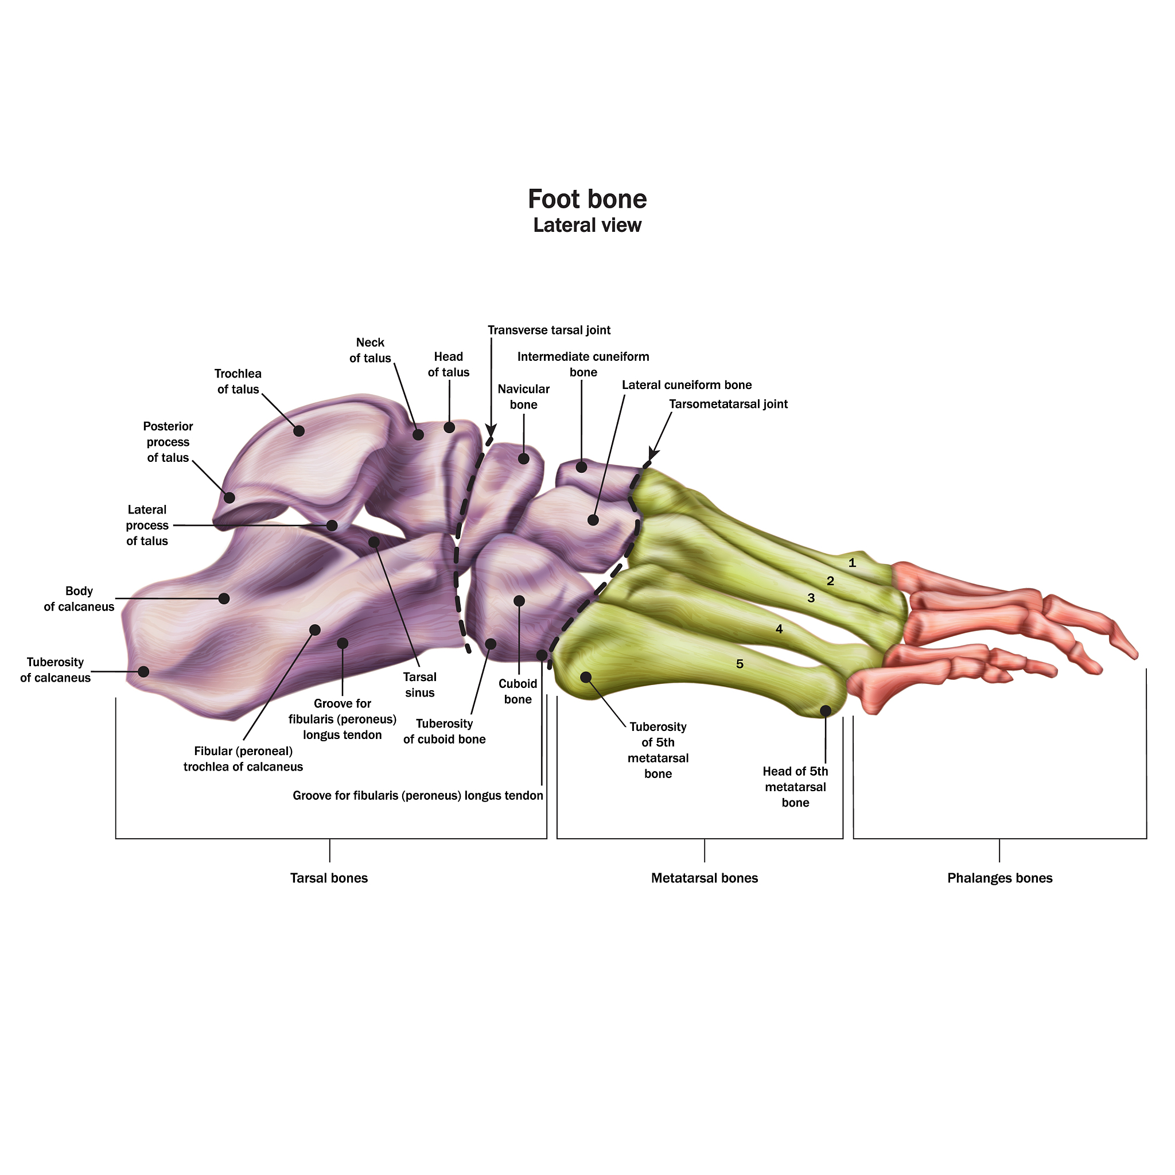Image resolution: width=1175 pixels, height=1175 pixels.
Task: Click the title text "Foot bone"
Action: point(587,199)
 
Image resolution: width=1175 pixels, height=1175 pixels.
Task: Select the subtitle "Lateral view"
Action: point(587,225)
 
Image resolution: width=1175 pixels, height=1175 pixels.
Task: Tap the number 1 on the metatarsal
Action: point(852,563)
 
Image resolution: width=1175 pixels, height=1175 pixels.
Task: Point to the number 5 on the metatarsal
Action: point(740,664)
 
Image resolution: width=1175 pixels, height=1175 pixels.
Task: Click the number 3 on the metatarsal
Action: point(811,598)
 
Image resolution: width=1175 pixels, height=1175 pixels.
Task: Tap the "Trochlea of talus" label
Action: point(238,382)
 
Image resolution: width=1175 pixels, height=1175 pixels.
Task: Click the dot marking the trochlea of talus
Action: point(298,431)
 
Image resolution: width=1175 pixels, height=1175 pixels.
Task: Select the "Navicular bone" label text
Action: point(523,396)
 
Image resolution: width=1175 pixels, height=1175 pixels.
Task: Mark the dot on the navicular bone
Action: point(523,458)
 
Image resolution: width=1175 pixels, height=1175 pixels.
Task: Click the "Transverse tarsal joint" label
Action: point(548,330)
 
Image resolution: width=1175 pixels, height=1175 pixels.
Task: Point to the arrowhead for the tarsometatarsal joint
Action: point(652,454)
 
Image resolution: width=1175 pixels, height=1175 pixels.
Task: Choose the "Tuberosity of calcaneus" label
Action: point(55,670)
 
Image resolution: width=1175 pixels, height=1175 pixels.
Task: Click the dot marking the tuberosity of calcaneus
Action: point(143,671)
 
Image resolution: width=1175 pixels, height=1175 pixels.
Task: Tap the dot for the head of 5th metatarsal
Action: point(825,710)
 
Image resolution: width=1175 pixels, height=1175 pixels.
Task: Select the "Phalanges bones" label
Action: point(999,878)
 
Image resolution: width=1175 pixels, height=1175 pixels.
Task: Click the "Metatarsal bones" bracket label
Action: point(705,878)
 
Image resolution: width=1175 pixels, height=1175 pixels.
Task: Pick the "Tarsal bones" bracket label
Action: point(328,878)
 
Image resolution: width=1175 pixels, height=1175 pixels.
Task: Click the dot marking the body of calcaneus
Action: point(224,598)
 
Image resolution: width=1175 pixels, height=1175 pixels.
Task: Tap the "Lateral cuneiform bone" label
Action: point(687,385)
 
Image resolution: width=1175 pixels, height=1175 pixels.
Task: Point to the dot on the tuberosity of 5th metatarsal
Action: point(586,677)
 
